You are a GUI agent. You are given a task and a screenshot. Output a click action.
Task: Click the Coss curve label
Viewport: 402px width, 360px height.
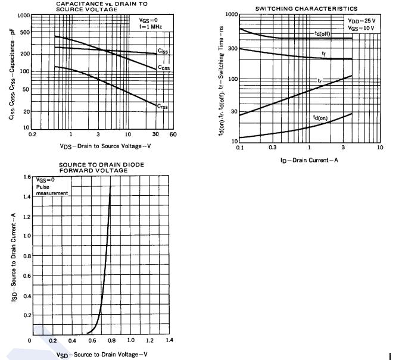pyautogui.click(x=164, y=67)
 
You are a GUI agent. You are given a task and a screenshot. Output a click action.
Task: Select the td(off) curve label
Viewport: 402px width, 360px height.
pyautogui.click(x=323, y=34)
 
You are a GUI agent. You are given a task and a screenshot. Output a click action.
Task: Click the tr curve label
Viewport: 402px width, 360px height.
pyautogui.click(x=320, y=80)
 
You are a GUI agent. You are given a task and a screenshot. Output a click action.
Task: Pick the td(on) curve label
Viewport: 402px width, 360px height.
pyautogui.click(x=320, y=118)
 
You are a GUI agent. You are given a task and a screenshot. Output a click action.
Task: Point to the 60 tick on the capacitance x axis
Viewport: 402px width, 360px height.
pyautogui.click(x=173, y=135)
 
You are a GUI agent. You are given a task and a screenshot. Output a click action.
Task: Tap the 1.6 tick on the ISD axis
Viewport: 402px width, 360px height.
pyautogui.click(x=27, y=177)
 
